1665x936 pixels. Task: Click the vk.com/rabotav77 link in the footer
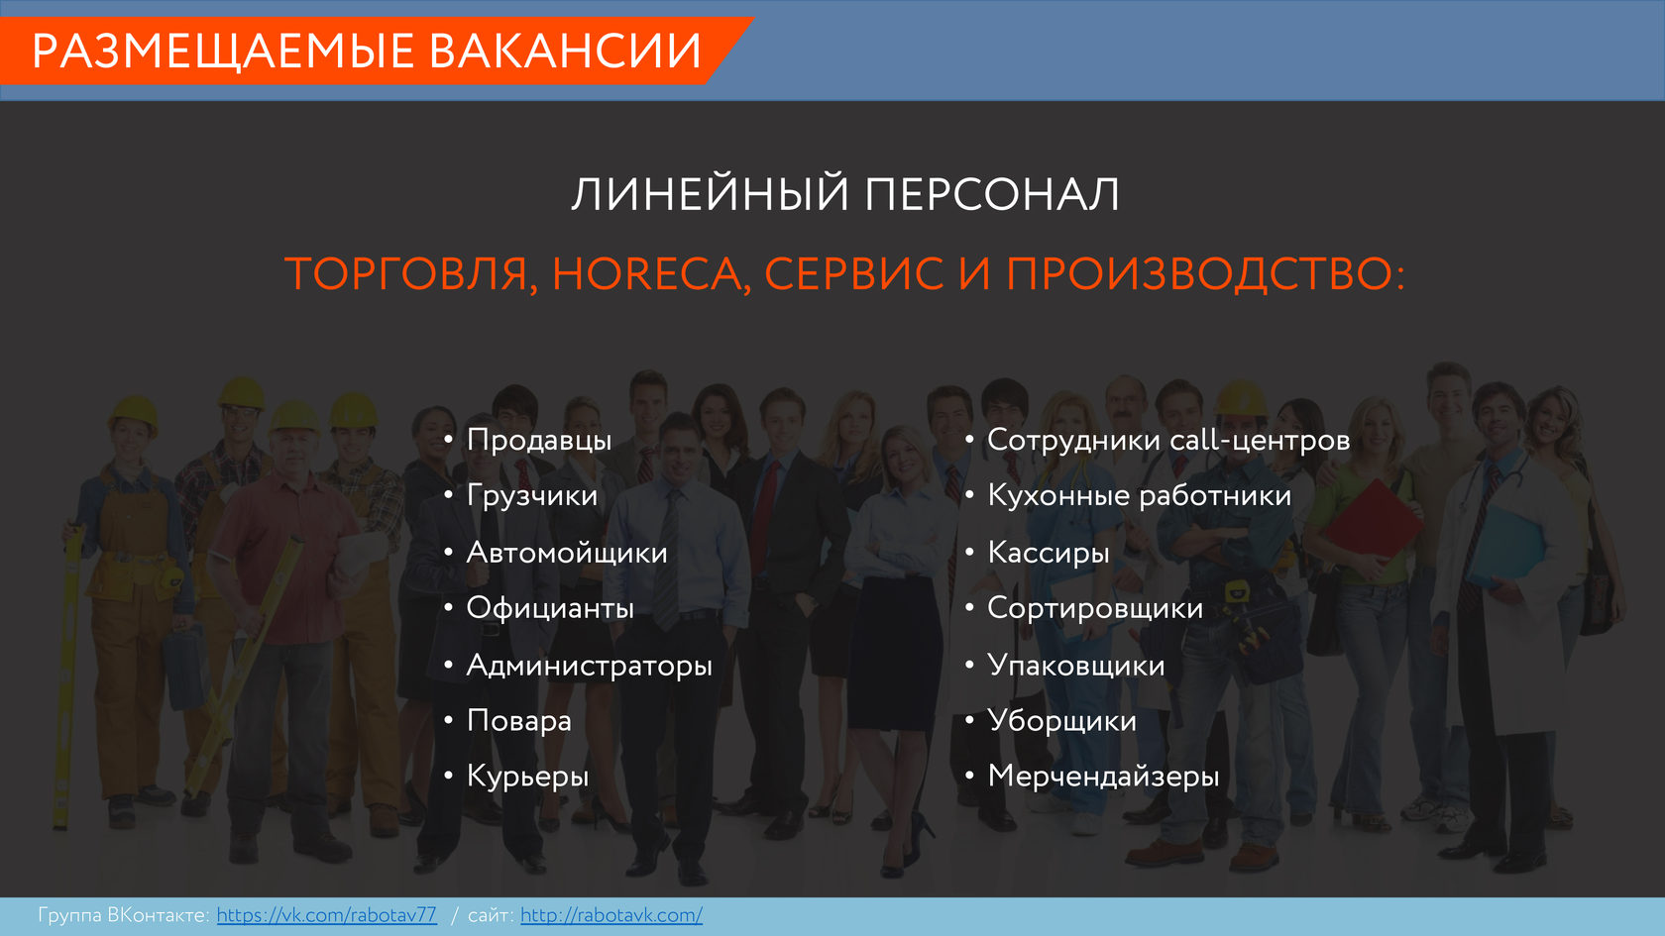pyautogui.click(x=326, y=915)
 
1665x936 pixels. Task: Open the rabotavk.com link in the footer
pyautogui.click(x=610, y=915)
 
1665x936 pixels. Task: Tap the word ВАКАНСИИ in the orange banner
pyautogui.click(x=566, y=51)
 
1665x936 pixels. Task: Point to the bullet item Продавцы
pyautogui.click(x=539, y=440)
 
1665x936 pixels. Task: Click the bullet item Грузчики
pyautogui.click(x=531, y=496)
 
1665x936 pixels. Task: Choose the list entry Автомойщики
pyautogui.click(x=567, y=553)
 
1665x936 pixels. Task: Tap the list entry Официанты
pyautogui.click(x=550, y=608)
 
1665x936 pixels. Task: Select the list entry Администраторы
pyautogui.click(x=589, y=666)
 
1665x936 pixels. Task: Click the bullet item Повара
pyautogui.click(x=519, y=721)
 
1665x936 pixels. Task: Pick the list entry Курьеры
pyautogui.click(x=527, y=777)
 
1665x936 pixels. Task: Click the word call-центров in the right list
pyautogui.click(x=1260, y=440)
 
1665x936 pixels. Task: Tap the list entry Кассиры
pyautogui.click(x=1049, y=553)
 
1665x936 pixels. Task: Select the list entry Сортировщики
pyautogui.click(x=1095, y=608)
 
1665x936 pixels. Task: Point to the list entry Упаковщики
pyautogui.click(x=1075, y=666)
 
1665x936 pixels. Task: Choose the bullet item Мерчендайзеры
pyautogui.click(x=1103, y=777)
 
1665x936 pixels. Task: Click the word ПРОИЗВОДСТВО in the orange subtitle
pyautogui.click(x=1199, y=273)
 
